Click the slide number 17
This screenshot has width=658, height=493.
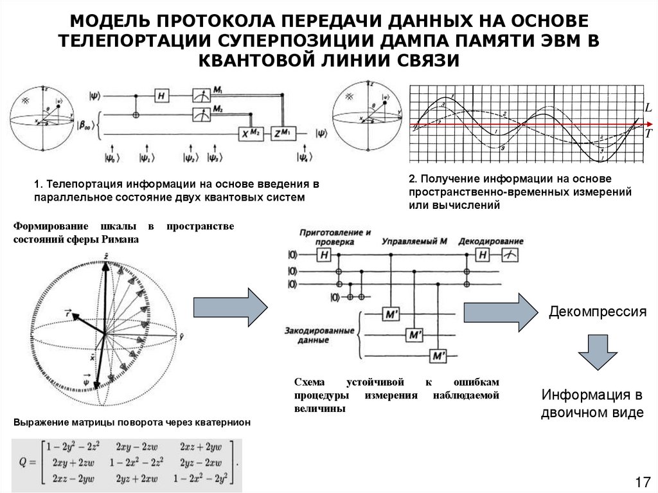pyautogui.click(x=643, y=481)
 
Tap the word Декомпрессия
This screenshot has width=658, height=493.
pyautogui.click(x=596, y=312)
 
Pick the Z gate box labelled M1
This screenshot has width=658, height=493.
pyautogui.click(x=280, y=133)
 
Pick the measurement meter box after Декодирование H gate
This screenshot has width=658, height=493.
pyautogui.click(x=511, y=256)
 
